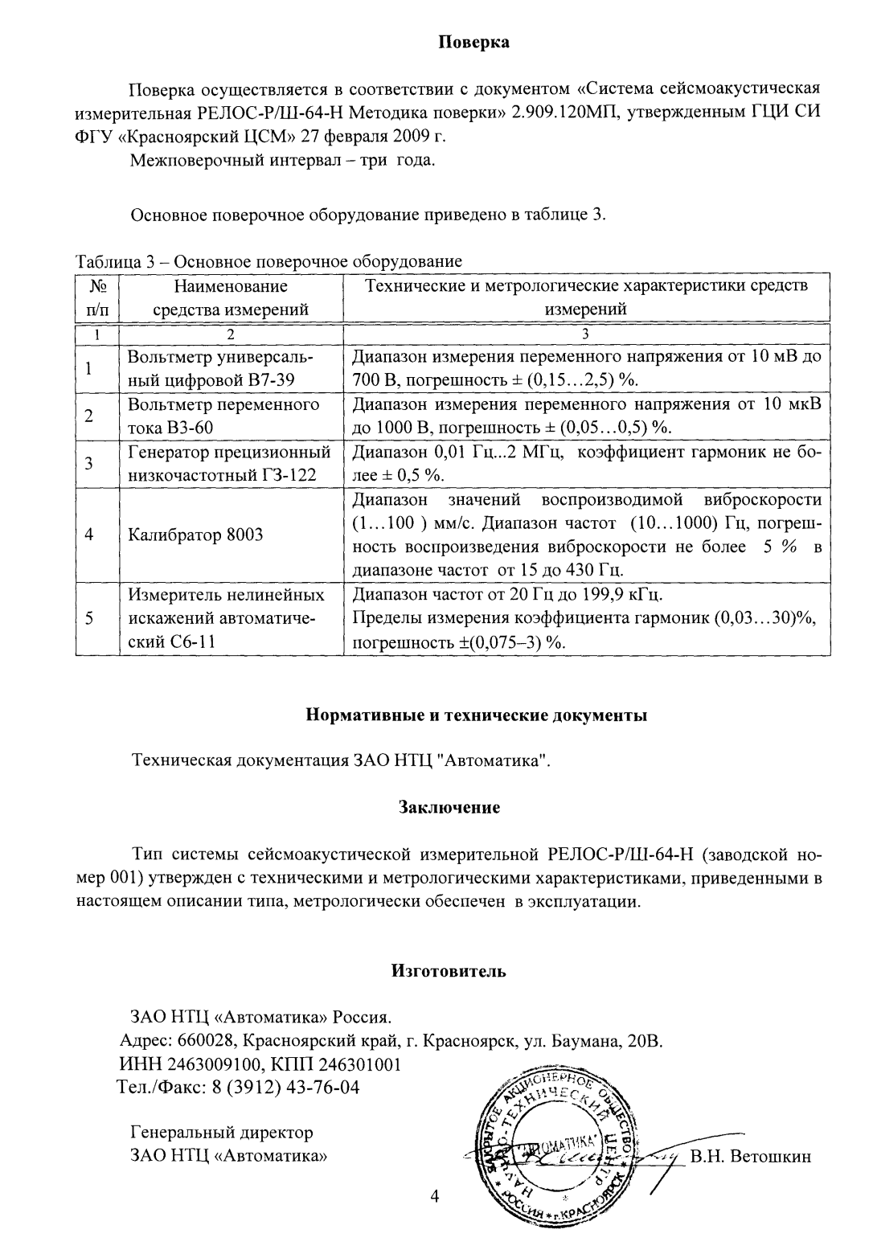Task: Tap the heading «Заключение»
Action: click(449, 807)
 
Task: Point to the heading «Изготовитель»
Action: click(449, 971)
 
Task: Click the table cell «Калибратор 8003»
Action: click(196, 535)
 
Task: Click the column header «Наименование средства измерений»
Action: click(231, 297)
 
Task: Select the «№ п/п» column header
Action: click(96, 297)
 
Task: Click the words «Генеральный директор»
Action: click(222, 1133)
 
